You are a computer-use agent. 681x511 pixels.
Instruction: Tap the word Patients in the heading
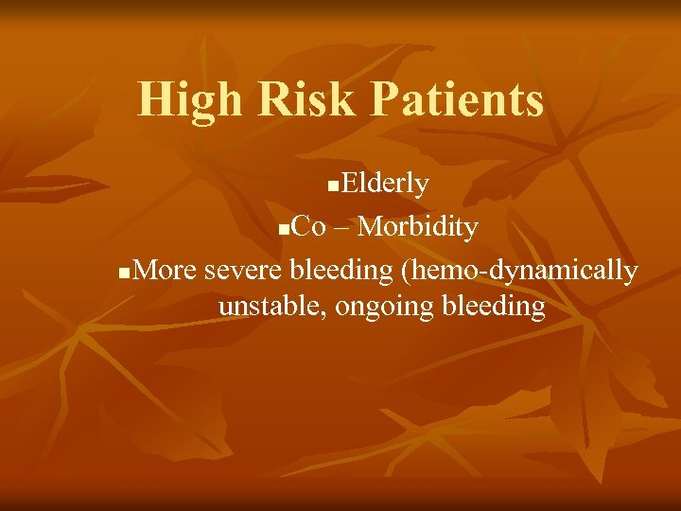(x=452, y=100)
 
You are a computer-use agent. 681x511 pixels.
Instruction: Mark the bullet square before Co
(x=285, y=230)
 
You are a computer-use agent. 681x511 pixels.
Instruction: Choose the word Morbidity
(x=419, y=227)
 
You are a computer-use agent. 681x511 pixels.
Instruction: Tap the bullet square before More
(x=127, y=273)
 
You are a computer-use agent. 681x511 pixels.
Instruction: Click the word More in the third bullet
(x=166, y=271)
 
